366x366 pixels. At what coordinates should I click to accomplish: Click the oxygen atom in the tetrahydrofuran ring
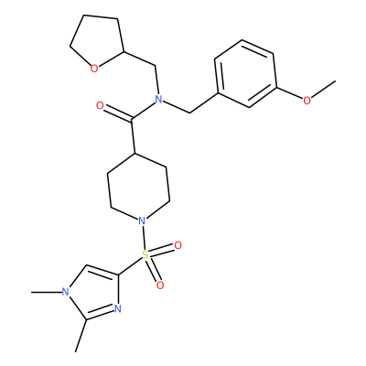pyautogui.click(x=94, y=69)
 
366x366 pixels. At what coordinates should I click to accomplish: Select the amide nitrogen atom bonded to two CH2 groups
pyautogui.click(x=158, y=99)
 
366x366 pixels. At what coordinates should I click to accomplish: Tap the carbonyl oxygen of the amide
pyautogui.click(x=100, y=106)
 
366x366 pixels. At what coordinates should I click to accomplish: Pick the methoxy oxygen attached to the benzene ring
pyautogui.click(x=307, y=100)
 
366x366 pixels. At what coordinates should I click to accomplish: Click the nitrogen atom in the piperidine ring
pyautogui.click(x=141, y=221)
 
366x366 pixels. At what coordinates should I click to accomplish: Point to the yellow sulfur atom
pyautogui.click(x=145, y=254)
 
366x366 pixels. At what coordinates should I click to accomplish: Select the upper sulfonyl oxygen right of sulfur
pyautogui.click(x=178, y=245)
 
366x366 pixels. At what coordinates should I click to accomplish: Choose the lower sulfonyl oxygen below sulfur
pyautogui.click(x=160, y=285)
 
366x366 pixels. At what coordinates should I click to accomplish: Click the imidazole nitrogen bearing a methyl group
pyautogui.click(x=65, y=292)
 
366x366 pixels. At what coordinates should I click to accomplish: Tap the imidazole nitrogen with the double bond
pyautogui.click(x=118, y=308)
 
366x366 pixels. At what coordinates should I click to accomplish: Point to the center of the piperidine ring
pyautogui.click(x=139, y=187)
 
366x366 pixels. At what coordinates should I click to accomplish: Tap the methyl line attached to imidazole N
pyautogui.click(x=46, y=292)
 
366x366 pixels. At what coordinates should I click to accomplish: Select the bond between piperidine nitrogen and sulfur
pyautogui.click(x=144, y=237)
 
